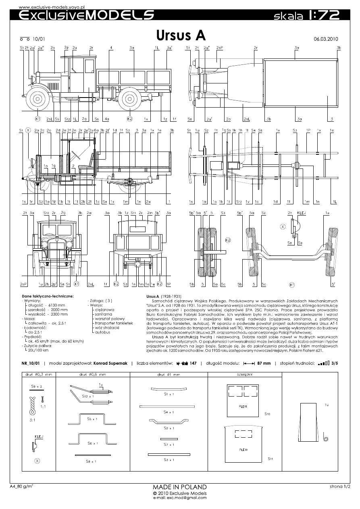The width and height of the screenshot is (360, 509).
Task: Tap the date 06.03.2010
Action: click(325, 39)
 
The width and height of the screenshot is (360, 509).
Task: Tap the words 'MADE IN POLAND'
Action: click(180, 487)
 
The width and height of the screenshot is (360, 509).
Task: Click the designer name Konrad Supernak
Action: click(110, 363)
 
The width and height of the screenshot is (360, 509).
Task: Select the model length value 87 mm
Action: click(264, 363)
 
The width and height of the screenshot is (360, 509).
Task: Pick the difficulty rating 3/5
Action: click(335, 363)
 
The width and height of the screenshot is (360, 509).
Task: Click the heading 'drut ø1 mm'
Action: click(168, 374)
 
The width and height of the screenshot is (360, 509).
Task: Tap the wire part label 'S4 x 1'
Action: click(169, 412)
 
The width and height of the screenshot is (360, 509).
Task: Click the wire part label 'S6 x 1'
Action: click(92, 443)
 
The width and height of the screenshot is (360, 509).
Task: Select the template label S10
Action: click(267, 414)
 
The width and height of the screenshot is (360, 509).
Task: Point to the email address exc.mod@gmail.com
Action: click(180, 498)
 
